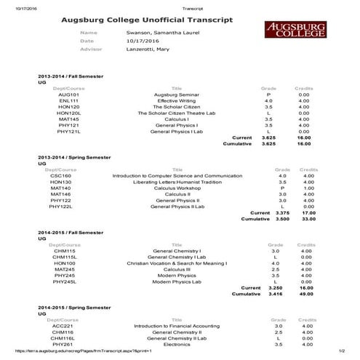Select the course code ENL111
tap(68, 100)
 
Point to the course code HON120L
tap(68, 113)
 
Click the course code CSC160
tap(60, 175)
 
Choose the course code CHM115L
tap(65, 257)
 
